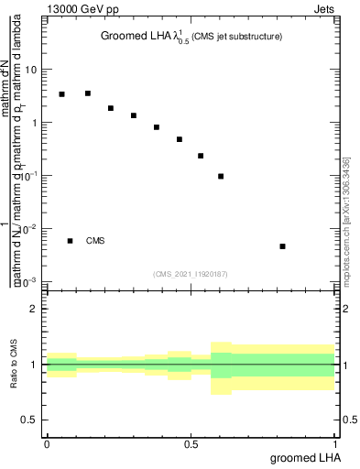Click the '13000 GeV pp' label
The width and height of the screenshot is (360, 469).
point(83,10)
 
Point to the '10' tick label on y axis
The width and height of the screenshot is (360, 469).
point(32,70)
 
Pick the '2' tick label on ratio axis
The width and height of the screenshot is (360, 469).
point(34,309)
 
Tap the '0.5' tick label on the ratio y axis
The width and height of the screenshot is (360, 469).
point(30,420)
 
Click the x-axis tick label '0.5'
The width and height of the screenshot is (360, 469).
point(191,443)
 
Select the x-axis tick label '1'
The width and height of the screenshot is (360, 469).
point(335,443)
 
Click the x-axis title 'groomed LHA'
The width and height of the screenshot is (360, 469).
point(305,457)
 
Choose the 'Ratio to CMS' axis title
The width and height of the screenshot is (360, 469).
point(14,364)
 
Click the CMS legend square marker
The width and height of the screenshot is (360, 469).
point(70,241)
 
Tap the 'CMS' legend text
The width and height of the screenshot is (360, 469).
point(95,241)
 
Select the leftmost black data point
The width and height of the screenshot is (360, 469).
point(61,94)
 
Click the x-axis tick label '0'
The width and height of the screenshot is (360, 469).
point(47,443)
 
